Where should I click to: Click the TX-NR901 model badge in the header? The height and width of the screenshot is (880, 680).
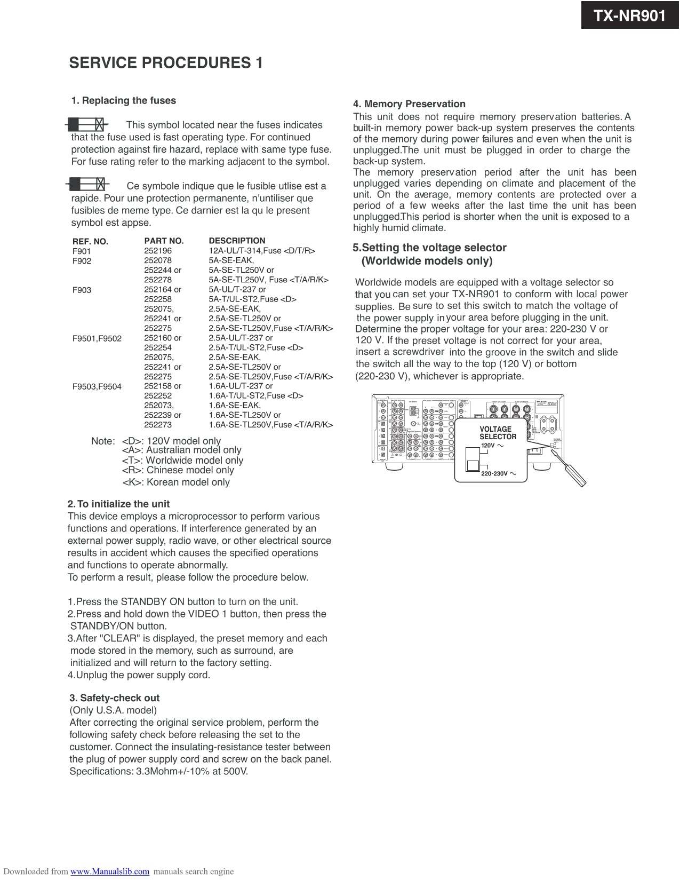[630, 15]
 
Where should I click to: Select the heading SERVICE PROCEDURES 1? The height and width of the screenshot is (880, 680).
[166, 63]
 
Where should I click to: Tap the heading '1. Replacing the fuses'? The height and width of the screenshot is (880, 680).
[124, 100]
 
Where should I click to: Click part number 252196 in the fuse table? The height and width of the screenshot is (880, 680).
[158, 251]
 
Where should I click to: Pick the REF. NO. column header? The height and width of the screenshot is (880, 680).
[90, 241]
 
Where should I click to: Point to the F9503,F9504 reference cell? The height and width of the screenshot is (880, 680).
[97, 386]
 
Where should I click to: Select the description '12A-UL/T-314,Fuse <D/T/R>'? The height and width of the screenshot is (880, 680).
[262, 251]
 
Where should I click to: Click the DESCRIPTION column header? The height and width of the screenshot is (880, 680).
[237, 241]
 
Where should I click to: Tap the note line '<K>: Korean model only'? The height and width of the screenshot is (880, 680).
[176, 482]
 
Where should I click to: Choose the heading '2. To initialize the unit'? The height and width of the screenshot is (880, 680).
[118, 504]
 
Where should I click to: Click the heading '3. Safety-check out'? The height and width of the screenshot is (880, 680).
[114, 698]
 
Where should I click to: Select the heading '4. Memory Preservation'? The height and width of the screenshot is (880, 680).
[409, 104]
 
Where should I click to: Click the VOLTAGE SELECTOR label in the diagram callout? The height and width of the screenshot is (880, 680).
[497, 433]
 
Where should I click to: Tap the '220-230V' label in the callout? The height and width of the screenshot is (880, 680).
[494, 473]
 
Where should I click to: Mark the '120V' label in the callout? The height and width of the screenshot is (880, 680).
[488, 446]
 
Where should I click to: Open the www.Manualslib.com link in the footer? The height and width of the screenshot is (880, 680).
[110, 871]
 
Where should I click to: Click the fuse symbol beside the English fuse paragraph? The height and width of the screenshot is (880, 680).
[87, 125]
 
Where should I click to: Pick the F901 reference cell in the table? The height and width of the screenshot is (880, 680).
[82, 251]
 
